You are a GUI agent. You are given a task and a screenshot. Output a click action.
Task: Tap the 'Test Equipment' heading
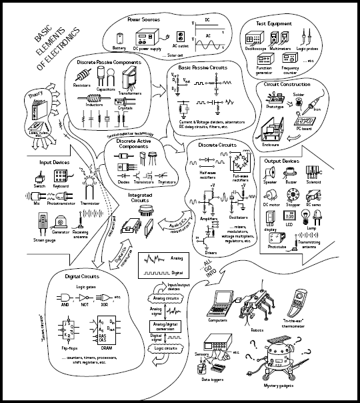275,23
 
